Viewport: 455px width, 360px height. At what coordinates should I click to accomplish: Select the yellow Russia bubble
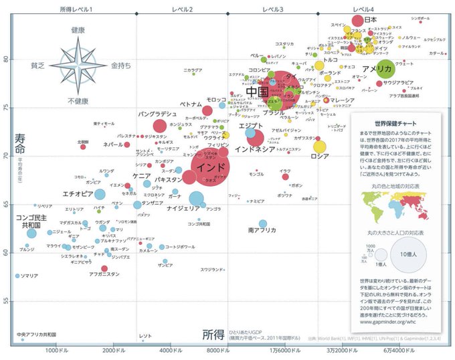point(320,147)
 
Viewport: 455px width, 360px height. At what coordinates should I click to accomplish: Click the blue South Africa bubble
point(263,224)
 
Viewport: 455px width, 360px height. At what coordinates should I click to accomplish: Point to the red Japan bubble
point(358,21)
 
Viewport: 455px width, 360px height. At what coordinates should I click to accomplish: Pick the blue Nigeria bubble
point(197,198)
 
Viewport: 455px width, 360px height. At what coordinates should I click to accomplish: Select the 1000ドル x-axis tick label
point(58,351)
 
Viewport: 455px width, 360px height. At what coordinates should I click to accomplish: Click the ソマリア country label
point(29,276)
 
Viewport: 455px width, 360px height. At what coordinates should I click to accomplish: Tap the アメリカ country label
point(377,69)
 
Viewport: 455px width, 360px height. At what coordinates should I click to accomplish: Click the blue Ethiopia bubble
point(100,195)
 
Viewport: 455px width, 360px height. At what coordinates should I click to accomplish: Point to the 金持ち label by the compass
point(121,66)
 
